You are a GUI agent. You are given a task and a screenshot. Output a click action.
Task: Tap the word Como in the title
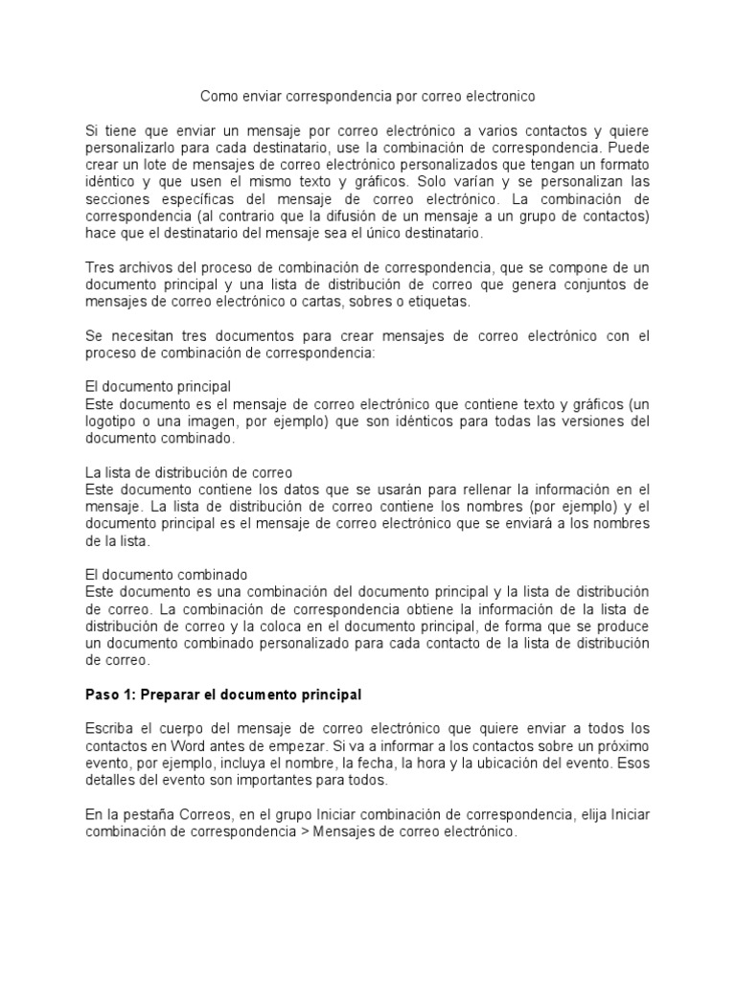(x=217, y=97)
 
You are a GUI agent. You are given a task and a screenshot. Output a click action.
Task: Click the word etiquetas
(x=436, y=302)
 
